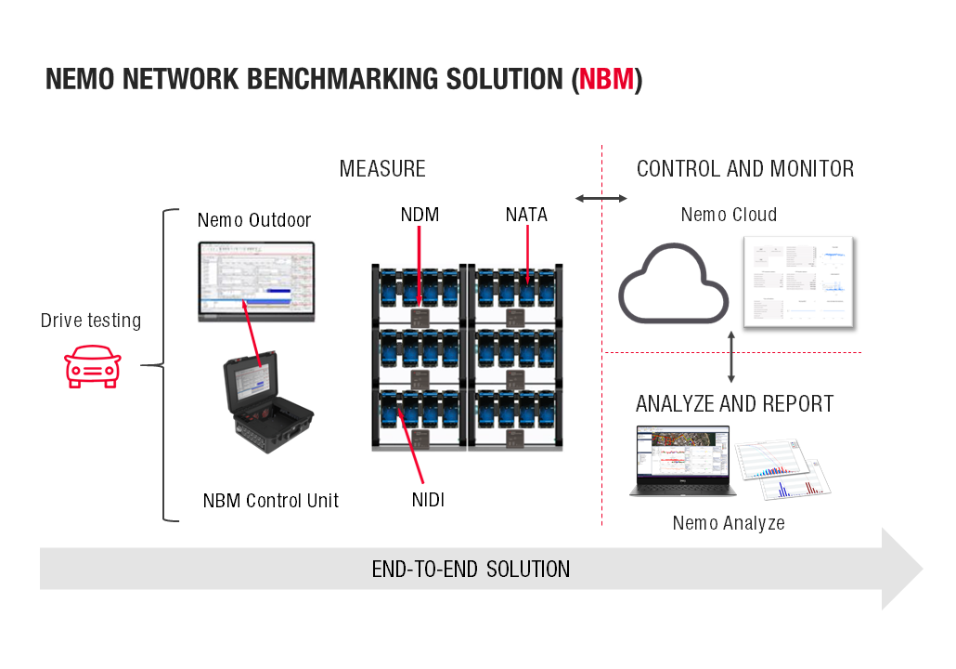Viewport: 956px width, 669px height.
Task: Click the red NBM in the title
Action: click(x=606, y=80)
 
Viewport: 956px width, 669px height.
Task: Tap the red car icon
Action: click(x=92, y=368)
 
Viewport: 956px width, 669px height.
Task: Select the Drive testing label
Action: click(x=91, y=321)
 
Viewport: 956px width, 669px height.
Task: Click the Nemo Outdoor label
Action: click(x=254, y=220)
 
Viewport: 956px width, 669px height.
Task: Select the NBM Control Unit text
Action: click(x=271, y=501)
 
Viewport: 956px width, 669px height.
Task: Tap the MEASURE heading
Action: click(x=382, y=169)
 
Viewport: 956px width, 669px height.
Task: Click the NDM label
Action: click(x=420, y=215)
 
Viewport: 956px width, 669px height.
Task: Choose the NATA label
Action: click(x=526, y=215)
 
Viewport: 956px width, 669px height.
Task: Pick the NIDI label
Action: click(x=428, y=500)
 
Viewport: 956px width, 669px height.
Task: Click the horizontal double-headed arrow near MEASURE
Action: click(x=601, y=198)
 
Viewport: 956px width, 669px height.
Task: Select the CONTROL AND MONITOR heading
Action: click(x=745, y=169)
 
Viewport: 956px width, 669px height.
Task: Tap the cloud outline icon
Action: click(x=674, y=282)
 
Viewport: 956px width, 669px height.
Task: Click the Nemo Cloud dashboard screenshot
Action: click(x=798, y=282)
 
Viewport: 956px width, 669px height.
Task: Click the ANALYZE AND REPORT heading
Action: click(x=734, y=404)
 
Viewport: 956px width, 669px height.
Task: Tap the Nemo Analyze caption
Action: click(x=729, y=523)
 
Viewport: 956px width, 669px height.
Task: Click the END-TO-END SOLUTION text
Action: click(x=471, y=569)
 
